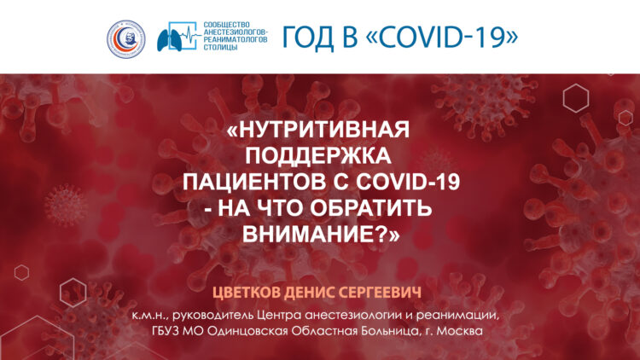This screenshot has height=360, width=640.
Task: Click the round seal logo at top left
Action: click(x=126, y=39)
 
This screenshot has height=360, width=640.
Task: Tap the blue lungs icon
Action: click(x=170, y=40)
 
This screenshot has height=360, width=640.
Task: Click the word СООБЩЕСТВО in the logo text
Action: click(x=226, y=25)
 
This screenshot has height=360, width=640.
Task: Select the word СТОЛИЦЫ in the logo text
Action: click(x=220, y=47)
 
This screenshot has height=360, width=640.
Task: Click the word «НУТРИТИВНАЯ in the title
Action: click(x=317, y=130)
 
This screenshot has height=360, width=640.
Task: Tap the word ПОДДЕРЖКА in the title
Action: click(x=318, y=155)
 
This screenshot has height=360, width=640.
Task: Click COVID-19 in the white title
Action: click(x=408, y=182)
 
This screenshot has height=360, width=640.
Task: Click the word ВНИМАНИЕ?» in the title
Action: click(x=321, y=234)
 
